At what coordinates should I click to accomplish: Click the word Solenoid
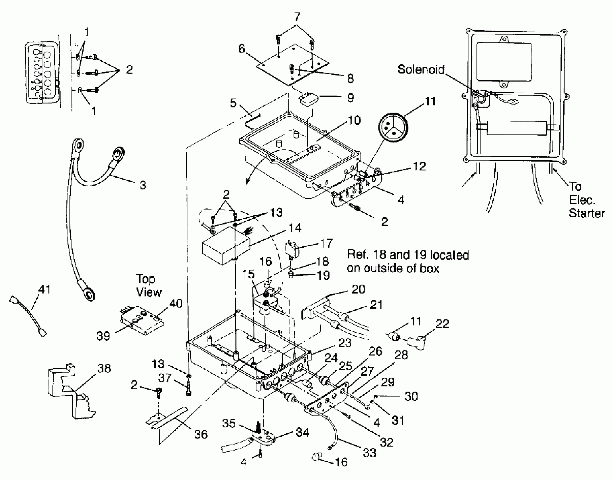pos(421,69)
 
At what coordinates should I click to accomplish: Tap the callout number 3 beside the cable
pos(143,185)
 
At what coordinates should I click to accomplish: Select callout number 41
pos(44,289)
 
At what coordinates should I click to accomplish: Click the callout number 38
pos(104,368)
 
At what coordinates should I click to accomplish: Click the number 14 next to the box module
pos(295,228)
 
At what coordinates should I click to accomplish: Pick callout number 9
pos(350,98)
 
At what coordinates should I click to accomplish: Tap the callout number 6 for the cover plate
pos(241,49)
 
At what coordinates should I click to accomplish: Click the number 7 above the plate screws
pos(297,18)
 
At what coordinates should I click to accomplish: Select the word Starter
pos(586,213)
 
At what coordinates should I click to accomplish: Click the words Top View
pos(149,285)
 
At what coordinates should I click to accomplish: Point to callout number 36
pos(201,435)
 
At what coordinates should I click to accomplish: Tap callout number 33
pos(370,453)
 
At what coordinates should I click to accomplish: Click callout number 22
pos(442,324)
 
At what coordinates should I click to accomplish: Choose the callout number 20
pos(358,289)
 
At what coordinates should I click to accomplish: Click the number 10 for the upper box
pos(354,121)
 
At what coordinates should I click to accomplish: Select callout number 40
pos(176,304)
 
